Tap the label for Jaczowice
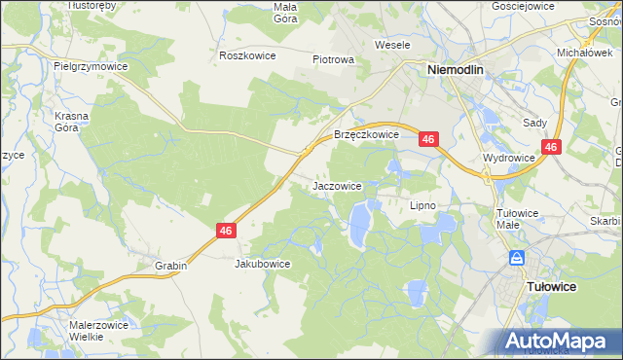[x=338, y=185]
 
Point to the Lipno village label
[x=421, y=205]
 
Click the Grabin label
[x=169, y=265]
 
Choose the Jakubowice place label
[x=263, y=264]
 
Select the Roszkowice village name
[x=248, y=55]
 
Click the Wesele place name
[x=392, y=45]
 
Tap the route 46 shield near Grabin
[x=225, y=231]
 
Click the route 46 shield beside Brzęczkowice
[x=429, y=141]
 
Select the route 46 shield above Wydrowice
[x=551, y=147]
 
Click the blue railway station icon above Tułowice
[x=517, y=258]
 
